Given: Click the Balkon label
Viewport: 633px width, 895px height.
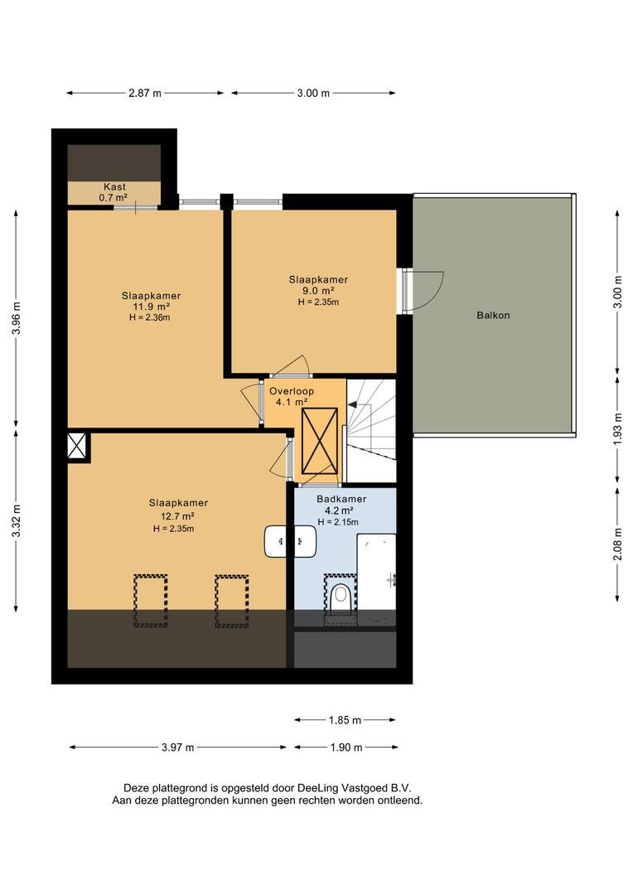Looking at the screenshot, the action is click(x=493, y=315).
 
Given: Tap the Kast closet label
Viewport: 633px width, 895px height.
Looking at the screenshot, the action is click(x=114, y=186).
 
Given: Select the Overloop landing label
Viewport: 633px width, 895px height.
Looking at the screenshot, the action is click(x=292, y=391).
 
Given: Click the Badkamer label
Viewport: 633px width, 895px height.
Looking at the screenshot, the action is click(x=341, y=499).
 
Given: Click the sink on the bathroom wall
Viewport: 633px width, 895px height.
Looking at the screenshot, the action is click(x=290, y=542).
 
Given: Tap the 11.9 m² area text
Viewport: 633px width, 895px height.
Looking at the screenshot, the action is click(x=152, y=307).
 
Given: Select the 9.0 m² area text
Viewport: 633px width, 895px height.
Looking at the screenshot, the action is click(x=318, y=291).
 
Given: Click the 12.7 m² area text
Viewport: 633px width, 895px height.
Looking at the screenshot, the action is click(x=178, y=516).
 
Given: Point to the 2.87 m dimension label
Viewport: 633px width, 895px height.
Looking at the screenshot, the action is click(x=145, y=93).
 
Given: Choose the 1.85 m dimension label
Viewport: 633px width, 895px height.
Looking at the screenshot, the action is click(x=345, y=720).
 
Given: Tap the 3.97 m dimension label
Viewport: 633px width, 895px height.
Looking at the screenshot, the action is click(x=177, y=747).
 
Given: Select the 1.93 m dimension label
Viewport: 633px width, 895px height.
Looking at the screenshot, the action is click(x=617, y=428).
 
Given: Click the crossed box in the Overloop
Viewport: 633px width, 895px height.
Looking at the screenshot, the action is click(x=320, y=441).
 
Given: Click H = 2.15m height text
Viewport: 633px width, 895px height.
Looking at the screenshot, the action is click(x=338, y=522).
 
